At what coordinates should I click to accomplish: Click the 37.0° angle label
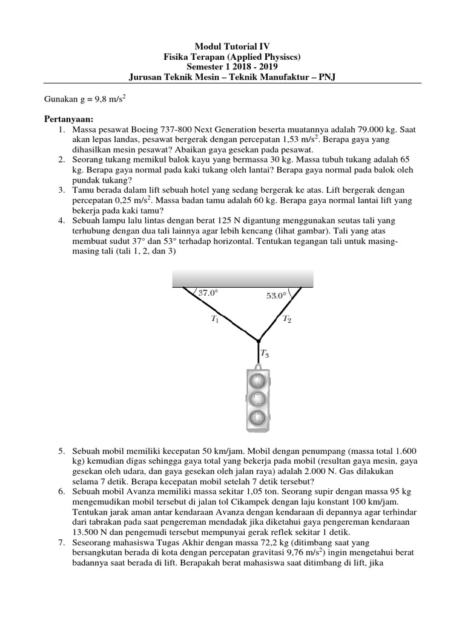[207, 293]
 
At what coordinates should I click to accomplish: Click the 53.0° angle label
[276, 296]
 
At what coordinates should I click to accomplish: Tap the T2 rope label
[287, 320]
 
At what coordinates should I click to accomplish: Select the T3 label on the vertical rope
[265, 353]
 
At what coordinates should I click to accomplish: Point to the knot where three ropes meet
[259, 340]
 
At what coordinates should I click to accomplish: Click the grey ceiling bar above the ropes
[243, 277]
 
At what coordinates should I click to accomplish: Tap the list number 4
[62, 221]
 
